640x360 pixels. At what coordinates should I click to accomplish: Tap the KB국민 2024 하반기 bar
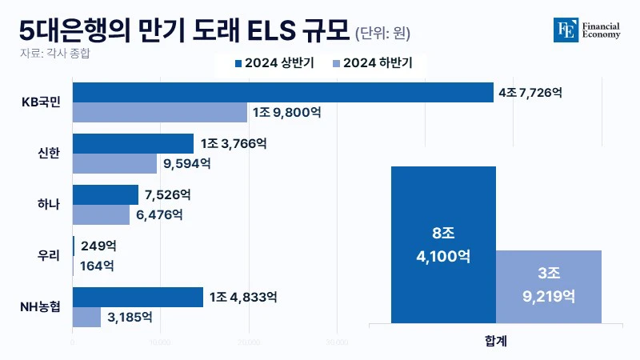160,113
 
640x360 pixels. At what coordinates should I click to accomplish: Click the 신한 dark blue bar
133,143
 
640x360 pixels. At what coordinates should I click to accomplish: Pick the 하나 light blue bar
101,214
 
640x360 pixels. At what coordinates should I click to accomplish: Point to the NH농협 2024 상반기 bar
138,297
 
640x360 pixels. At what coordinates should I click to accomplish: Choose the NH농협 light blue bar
86,317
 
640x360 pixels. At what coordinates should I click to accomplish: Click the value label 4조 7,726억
530,93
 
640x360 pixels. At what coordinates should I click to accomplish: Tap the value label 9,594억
186,164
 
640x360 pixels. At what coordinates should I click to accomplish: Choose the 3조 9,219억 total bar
548,287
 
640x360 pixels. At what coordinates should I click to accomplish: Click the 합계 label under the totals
496,340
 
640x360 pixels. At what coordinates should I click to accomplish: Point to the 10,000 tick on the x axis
160,342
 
